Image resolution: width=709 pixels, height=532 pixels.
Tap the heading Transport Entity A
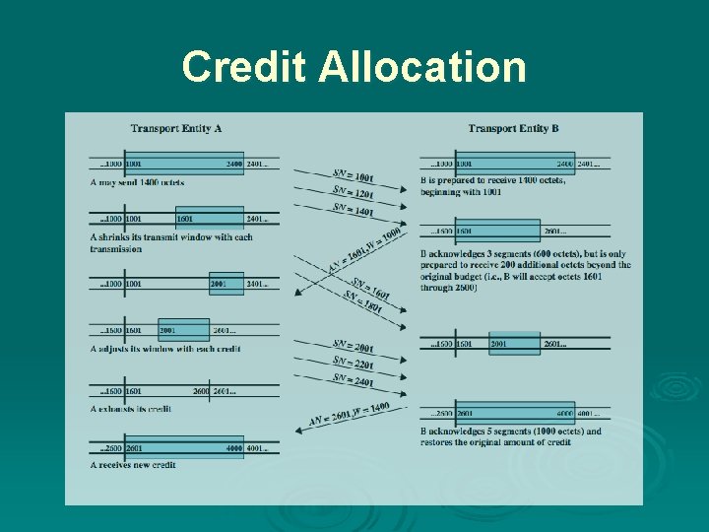[175, 129]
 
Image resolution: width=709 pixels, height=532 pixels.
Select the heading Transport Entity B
[514, 129]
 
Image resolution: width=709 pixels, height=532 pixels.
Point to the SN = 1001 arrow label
[353, 174]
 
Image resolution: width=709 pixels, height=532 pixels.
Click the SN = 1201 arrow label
[353, 191]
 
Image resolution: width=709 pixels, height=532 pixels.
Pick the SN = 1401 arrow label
[353, 209]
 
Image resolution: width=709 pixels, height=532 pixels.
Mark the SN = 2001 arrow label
[353, 346]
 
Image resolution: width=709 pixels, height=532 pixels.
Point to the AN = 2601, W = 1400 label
[349, 413]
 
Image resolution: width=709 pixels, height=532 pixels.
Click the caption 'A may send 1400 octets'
[137, 182]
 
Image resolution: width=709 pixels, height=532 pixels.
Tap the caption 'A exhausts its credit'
[131, 408]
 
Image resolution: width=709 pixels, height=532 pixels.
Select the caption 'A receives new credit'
[133, 464]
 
